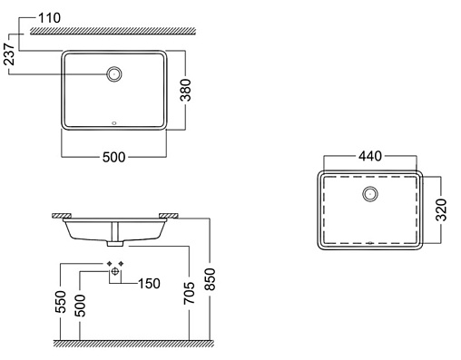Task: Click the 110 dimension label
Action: [50, 18]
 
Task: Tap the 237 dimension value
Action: [9, 54]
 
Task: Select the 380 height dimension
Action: [185, 90]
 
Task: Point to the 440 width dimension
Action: [370, 156]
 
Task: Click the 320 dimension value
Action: [441, 209]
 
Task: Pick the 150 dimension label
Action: [149, 284]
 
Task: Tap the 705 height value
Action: [189, 293]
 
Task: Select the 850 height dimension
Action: [210, 279]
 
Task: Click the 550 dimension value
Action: [60, 302]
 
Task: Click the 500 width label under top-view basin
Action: [113, 157]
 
